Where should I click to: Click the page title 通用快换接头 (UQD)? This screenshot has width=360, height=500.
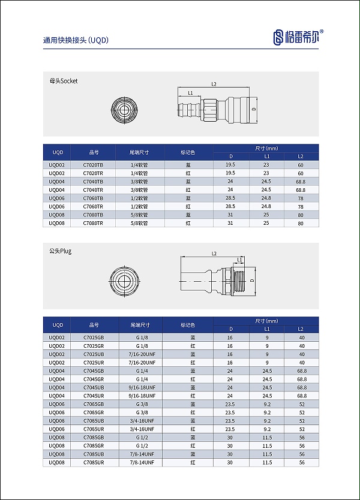pos(76,41)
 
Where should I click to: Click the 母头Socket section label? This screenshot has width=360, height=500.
pos(64,80)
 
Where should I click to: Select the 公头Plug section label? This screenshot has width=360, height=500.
pos(60,251)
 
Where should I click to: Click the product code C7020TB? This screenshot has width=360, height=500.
pos(93,164)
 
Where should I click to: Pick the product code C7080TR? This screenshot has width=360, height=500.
pos(93,223)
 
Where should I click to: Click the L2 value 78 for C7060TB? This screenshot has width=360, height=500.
pos(301,198)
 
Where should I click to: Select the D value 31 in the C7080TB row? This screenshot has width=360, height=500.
pos(230,215)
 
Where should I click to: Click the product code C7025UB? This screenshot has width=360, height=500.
pos(93,354)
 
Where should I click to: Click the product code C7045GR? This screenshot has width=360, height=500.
pos(93,379)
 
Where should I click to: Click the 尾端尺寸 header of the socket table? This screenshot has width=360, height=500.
pos(143,152)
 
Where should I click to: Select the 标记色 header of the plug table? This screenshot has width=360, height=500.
pos(188,324)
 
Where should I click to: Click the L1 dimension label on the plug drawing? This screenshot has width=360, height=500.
pos(241,259)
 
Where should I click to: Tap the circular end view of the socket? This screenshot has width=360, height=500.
pos(124,110)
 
